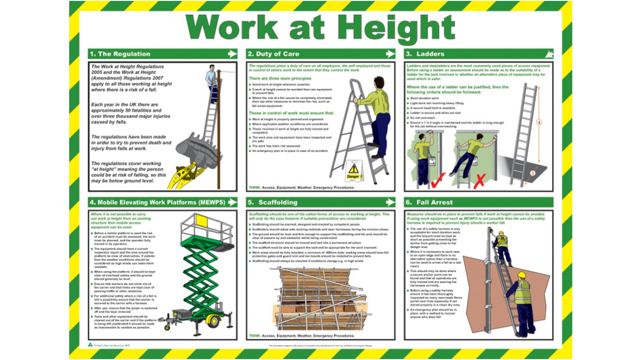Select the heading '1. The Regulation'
tap(120, 54)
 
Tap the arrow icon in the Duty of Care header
tap(390, 54)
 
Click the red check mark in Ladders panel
tap(438, 180)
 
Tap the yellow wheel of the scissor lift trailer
tap(213, 321)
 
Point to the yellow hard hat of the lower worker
tap(522, 274)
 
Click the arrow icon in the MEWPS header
tap(232, 203)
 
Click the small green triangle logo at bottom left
tap(90, 345)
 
